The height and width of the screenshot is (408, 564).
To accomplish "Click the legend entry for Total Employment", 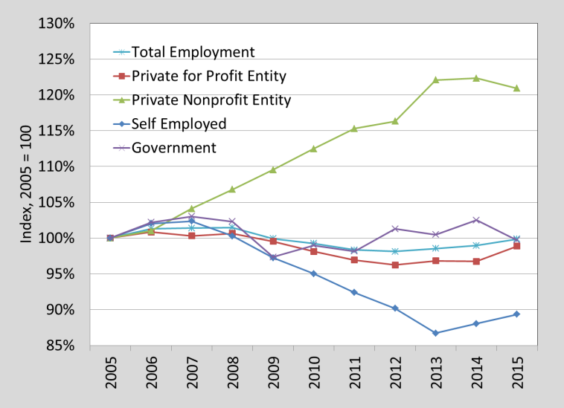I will point(193,52).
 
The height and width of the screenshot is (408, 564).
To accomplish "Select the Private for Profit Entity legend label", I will point(208,76).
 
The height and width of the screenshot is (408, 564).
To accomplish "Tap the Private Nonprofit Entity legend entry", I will point(211,100).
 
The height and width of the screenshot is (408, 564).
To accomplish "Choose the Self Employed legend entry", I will point(179,123).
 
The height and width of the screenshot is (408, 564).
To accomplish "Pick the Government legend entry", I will point(173,147).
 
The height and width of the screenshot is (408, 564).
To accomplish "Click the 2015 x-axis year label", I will point(516,375).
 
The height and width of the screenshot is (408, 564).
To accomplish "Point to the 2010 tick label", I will point(313,375).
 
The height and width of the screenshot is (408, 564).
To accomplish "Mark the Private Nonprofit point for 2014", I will point(475,78).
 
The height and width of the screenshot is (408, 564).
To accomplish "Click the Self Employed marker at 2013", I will point(435,333).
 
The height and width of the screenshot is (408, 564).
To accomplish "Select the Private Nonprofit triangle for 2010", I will point(313,149).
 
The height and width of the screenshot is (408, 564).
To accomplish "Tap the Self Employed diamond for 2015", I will point(516,314).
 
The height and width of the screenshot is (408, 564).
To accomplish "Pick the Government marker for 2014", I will point(475,220).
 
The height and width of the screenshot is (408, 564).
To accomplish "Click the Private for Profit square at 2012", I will point(394,265).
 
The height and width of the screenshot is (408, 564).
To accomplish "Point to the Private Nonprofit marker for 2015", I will point(516,88).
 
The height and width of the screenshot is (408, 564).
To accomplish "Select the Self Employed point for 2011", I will point(354,292).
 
